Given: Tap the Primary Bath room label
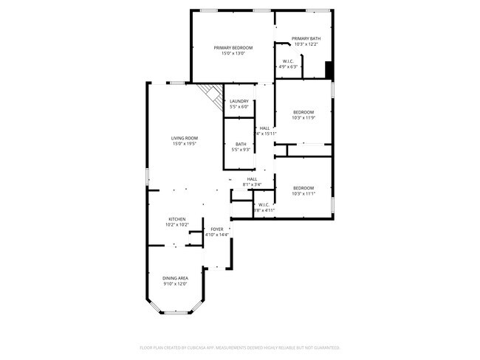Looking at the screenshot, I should tap(306, 38).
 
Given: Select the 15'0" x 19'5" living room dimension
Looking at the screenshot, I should tap(185, 144).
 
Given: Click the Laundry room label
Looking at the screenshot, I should tap(239, 101).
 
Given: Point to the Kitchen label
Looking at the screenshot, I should tap(176, 219).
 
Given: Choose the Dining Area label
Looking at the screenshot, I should tap(175, 277).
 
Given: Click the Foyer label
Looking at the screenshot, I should tap(217, 229).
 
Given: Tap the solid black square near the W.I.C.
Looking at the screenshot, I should tap(329, 69).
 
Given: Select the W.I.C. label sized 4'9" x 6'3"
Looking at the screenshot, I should tap(288, 61).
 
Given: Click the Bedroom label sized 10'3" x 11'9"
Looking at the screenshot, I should tap(303, 112).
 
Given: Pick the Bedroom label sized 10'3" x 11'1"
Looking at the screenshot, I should tap(303, 187).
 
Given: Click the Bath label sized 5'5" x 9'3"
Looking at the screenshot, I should tap(241, 144).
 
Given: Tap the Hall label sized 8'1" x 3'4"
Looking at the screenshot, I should tap(252, 179).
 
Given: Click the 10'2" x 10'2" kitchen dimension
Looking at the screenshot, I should tap(176, 225).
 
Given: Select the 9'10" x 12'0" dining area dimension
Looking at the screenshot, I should tap(175, 283).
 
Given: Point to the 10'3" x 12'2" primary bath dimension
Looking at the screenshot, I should tap(306, 44).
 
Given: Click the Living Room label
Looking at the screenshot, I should tap(185, 138).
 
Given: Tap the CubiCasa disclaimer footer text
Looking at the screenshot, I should tap(239, 347).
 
